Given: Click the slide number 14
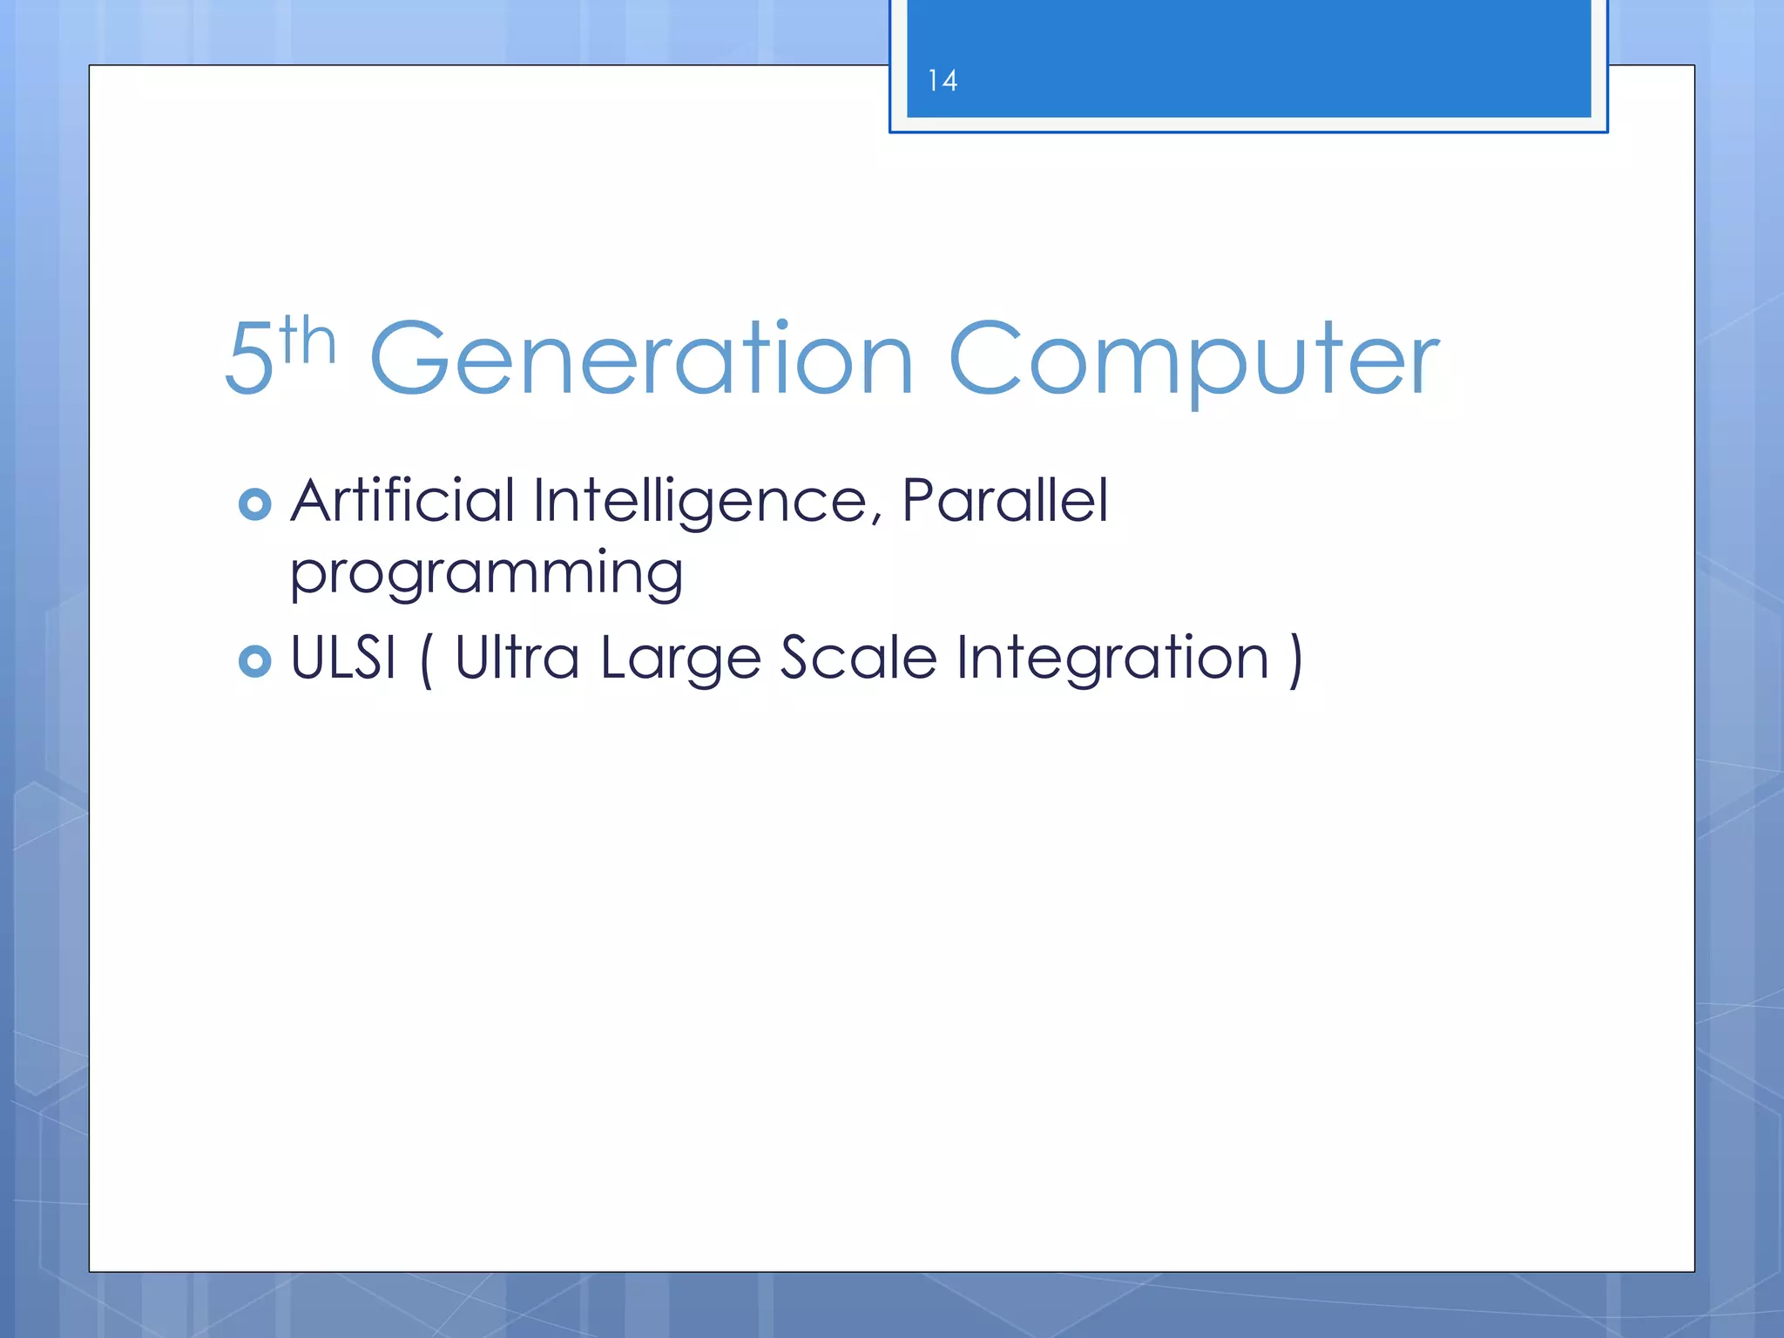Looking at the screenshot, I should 943,81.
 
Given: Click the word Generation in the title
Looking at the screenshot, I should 642,358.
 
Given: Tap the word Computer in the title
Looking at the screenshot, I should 1193,358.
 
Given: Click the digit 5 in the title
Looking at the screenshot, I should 249,360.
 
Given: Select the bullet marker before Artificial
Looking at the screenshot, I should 254,504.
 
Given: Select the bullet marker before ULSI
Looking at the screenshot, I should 254,661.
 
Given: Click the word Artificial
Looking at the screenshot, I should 402,501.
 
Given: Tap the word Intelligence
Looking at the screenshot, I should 700,503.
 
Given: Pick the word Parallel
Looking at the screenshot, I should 1004,501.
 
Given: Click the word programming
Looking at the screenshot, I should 486,575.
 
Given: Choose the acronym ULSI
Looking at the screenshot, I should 343,658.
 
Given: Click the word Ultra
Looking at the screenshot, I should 517,658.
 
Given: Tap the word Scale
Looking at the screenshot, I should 858,658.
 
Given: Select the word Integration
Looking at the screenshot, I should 1112,659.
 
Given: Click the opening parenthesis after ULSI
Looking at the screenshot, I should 427,660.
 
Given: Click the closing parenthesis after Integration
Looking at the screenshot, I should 1296,660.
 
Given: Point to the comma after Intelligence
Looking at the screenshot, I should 876,520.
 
